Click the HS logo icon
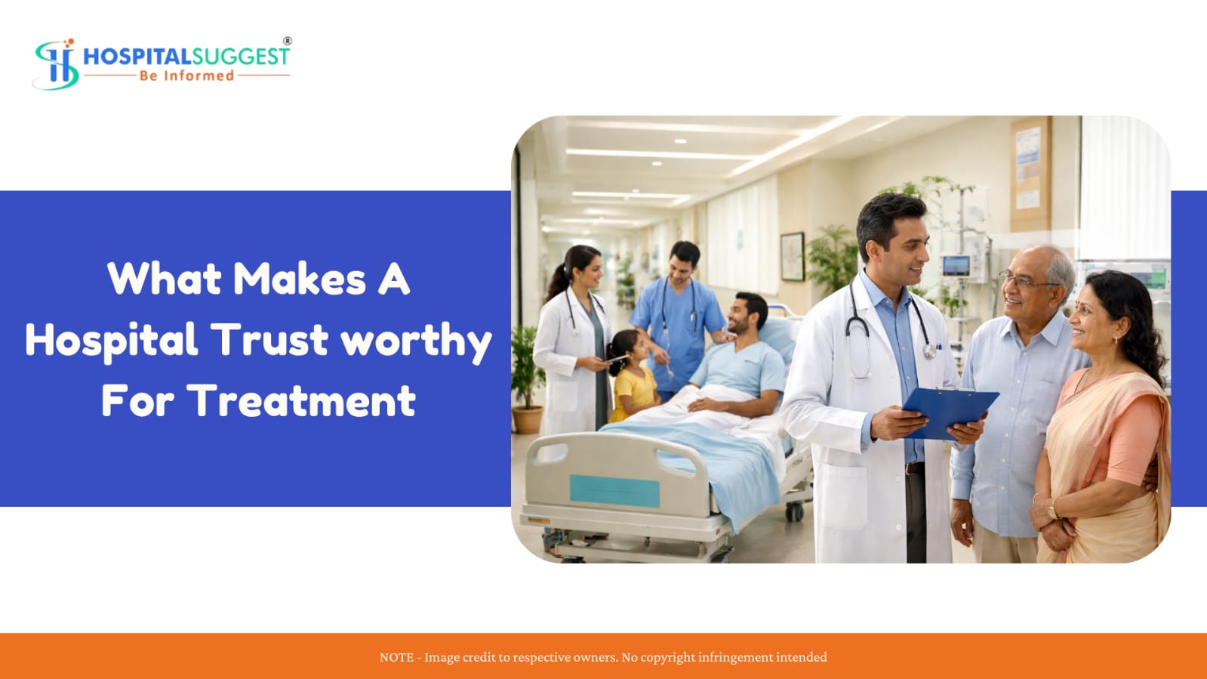pyautogui.click(x=56, y=64)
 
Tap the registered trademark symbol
pyautogui.click(x=288, y=41)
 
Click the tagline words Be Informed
pyautogui.click(x=187, y=76)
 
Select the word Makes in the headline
pyautogui.click(x=300, y=279)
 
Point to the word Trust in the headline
pyautogui.click(x=269, y=340)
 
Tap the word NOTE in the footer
pyautogui.click(x=396, y=657)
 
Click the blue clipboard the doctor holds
pyautogui.click(x=950, y=412)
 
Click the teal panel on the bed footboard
pyautogui.click(x=614, y=491)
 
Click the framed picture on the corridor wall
pyautogui.click(x=792, y=257)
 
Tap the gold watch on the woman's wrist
pyautogui.click(x=1052, y=509)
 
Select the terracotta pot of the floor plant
pyautogui.click(x=528, y=420)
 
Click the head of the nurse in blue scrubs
pyautogui.click(x=683, y=262)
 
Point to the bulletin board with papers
pyautogui.click(x=1030, y=174)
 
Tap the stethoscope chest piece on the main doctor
pyautogui.click(x=929, y=352)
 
